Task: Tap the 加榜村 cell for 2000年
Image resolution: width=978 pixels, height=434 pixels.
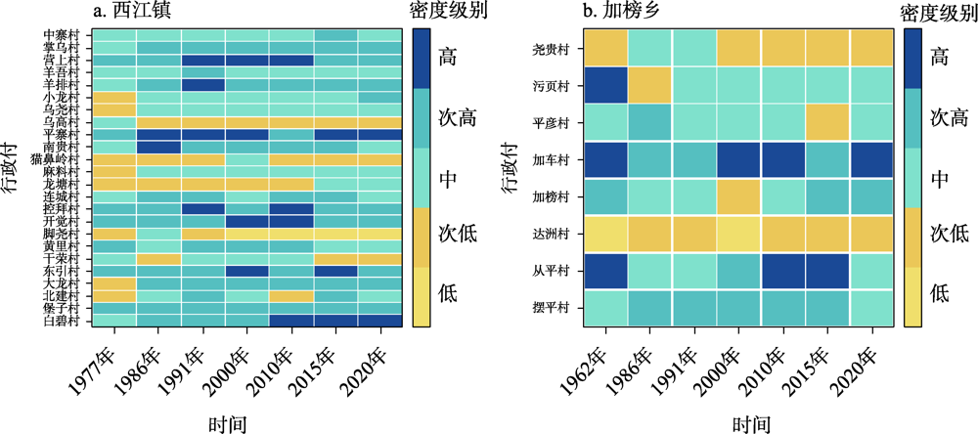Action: point(737,196)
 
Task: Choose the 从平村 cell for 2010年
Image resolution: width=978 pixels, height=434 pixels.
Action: point(782,271)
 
